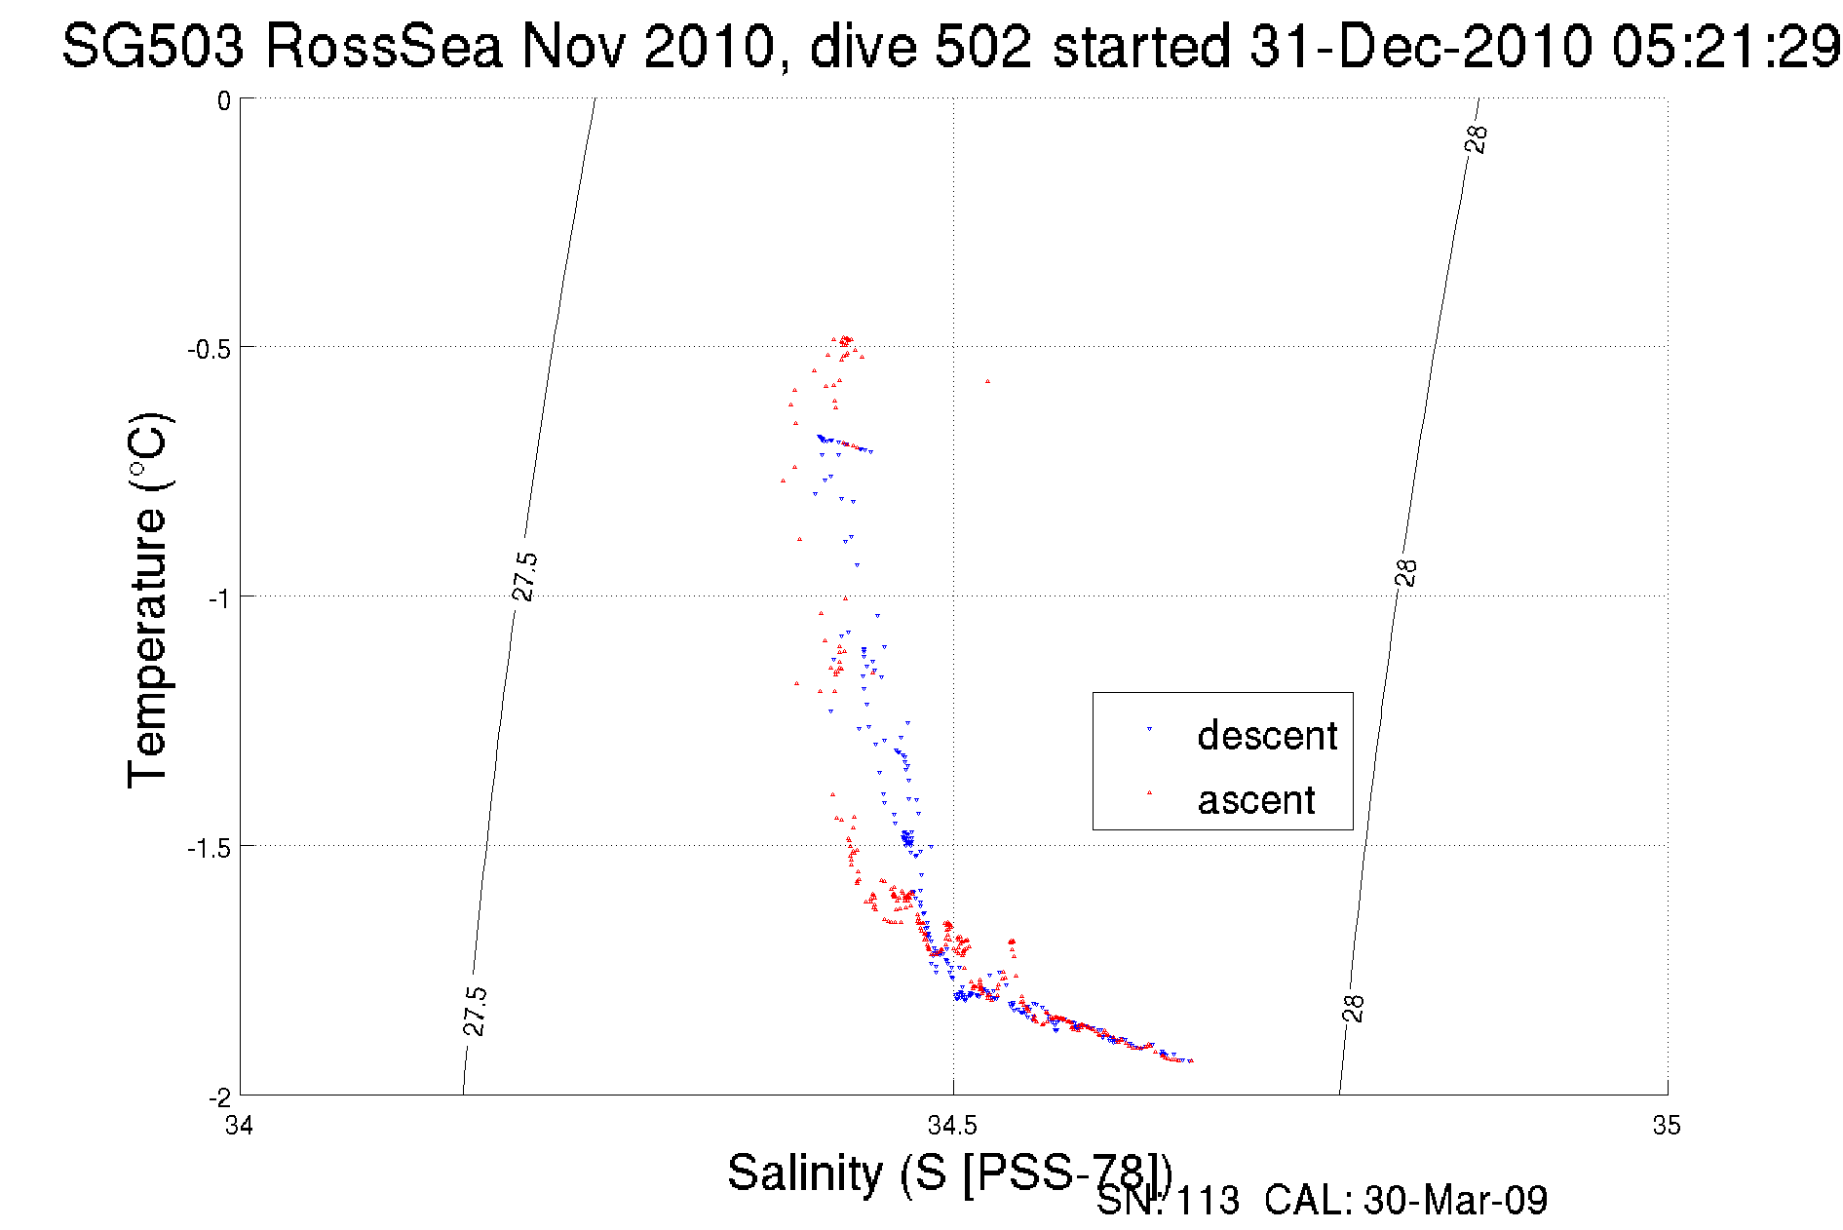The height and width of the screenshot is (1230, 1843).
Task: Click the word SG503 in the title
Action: [152, 46]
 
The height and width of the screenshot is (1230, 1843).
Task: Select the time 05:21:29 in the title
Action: [1726, 46]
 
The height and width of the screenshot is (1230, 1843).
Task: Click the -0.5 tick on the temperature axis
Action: [209, 349]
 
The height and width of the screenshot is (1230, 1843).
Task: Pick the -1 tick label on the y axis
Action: [219, 597]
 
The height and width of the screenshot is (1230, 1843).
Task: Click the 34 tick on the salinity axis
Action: [239, 1127]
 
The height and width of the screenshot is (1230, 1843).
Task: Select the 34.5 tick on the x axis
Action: [952, 1127]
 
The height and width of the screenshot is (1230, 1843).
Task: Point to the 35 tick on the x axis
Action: [1667, 1127]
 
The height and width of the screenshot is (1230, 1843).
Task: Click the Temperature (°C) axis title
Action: [148, 600]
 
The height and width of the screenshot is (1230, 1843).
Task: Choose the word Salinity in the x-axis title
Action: [805, 1172]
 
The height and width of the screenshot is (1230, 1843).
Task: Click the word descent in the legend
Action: [1267, 736]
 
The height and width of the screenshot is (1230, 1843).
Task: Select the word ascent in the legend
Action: [1256, 800]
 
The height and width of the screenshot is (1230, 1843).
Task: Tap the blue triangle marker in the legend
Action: [1149, 728]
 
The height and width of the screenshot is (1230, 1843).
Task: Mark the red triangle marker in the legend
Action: [1149, 792]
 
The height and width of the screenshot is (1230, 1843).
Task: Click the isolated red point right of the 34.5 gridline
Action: [987, 381]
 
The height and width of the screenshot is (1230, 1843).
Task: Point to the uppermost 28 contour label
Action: [1477, 138]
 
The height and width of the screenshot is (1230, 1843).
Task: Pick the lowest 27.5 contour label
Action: [475, 1011]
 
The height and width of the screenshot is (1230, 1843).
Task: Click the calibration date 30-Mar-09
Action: [1455, 1201]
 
